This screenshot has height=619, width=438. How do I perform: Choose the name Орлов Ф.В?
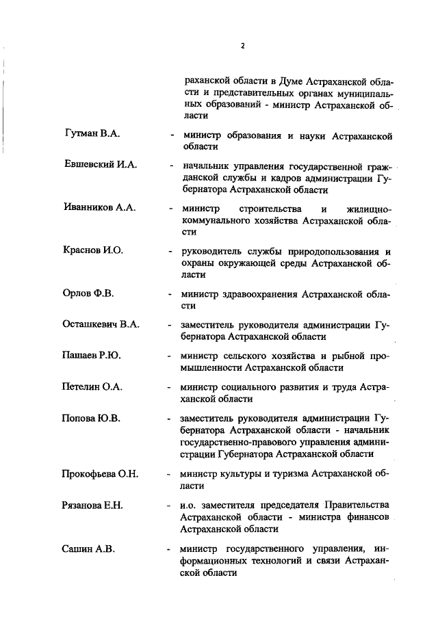(88, 293)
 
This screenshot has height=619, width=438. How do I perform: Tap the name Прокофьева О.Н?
(100, 473)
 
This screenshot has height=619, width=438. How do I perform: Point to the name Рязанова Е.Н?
(92, 505)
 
